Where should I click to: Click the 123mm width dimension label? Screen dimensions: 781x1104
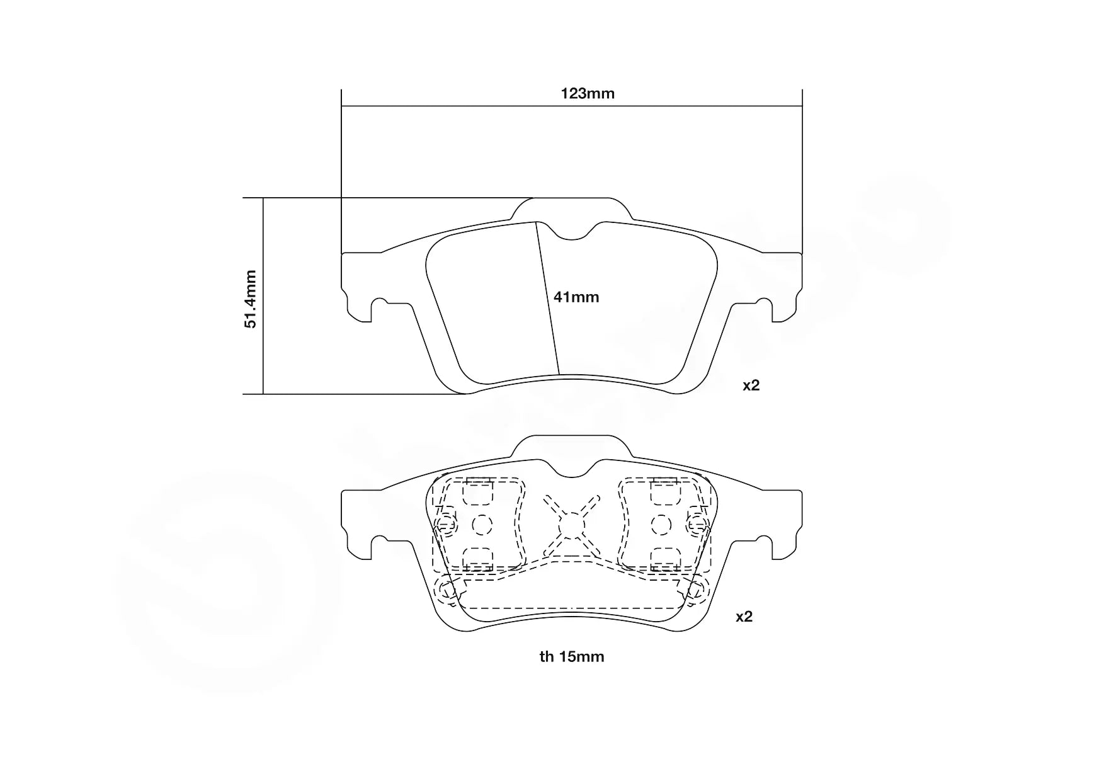point(587,94)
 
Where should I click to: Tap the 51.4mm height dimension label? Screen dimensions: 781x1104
point(251,299)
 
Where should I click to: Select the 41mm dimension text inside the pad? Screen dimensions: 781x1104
point(576,297)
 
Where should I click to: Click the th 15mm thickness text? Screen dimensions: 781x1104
point(571,657)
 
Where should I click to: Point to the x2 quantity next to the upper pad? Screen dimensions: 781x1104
point(751,385)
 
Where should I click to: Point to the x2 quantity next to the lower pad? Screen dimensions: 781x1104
point(744,617)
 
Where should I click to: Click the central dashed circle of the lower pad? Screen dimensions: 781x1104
point(571,524)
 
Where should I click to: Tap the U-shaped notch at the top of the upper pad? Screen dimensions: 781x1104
point(572,233)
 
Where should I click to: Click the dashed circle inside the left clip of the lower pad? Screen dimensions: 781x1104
point(481,524)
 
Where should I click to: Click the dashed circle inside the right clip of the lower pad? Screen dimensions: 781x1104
point(661,524)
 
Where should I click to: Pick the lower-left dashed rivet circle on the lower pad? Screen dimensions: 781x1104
point(447,591)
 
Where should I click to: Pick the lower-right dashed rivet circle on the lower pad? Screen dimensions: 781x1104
point(697,591)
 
